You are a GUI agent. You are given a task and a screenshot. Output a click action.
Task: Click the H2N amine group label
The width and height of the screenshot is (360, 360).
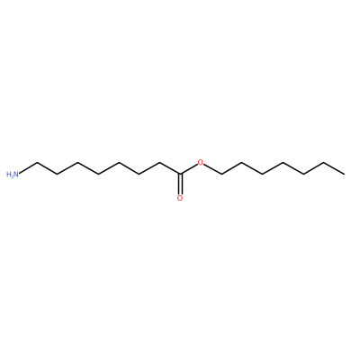pos(13,174)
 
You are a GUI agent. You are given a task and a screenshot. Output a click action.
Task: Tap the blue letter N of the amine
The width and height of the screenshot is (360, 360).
pos(16,174)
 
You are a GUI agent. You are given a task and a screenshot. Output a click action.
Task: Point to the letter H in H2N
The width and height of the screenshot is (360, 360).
pos(8,174)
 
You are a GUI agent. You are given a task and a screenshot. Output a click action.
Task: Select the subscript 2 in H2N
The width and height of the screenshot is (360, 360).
pos(12,175)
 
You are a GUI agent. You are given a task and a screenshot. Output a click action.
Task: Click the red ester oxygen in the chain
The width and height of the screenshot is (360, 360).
pos(201,163)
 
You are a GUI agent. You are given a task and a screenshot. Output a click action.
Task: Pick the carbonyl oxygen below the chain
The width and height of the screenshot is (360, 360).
pos(180,198)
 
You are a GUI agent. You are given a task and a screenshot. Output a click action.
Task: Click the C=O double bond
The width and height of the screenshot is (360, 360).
pos(180,184)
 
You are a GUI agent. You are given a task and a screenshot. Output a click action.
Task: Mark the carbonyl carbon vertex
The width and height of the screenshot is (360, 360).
pos(180,174)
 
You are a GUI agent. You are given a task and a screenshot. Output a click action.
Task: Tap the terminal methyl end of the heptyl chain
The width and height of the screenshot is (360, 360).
pos(345,174)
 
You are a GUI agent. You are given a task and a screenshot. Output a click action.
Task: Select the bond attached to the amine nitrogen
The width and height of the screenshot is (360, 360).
pos(28,168)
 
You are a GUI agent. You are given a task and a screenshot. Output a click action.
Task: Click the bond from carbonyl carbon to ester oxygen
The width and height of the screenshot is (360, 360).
pos(189,169)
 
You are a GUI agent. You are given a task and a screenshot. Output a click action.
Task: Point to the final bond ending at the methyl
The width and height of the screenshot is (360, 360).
pos(334,168)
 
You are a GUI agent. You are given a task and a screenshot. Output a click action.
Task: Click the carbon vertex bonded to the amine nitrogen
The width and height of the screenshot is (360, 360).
pos(37,162)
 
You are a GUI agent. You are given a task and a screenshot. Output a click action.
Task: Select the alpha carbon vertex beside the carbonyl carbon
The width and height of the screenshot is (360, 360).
pos(159,162)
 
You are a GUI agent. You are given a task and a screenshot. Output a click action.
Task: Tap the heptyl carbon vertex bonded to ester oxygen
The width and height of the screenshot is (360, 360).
pos(221,174)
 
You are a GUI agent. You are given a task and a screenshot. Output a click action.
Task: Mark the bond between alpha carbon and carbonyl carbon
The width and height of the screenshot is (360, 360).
pos(170,168)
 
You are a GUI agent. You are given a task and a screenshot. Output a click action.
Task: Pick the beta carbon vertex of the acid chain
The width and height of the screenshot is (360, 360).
pos(139,174)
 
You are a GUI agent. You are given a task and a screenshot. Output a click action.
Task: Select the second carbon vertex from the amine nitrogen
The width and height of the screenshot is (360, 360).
pos(58,174)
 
